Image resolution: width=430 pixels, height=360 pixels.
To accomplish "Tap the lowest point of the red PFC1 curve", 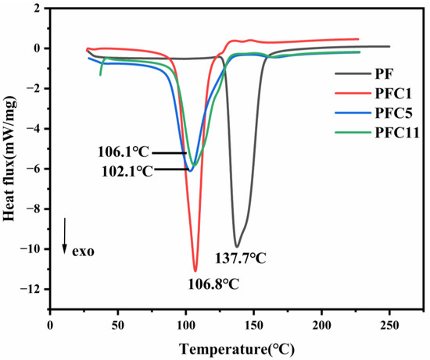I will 195,270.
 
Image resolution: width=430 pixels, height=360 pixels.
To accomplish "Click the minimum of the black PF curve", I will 237,246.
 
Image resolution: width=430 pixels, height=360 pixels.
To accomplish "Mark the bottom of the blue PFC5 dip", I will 190,169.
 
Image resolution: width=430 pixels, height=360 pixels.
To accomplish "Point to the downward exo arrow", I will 65,235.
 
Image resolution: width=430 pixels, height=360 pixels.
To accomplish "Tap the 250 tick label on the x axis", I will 389,325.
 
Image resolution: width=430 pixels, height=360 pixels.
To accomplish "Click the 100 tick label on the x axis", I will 185,325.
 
